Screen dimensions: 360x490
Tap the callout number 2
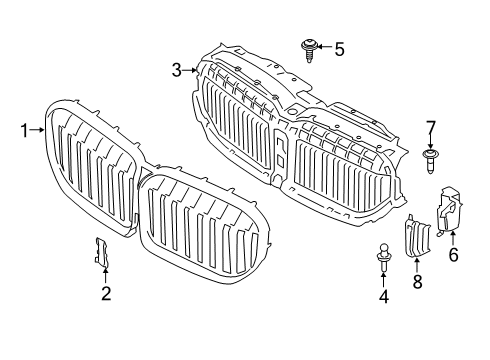[106, 293]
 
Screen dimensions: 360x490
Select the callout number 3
[177, 69]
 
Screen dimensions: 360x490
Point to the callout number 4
[383, 296]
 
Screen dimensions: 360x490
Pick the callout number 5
[340, 47]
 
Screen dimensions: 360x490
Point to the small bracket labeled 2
[102, 254]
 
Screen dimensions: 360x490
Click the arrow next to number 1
[40, 129]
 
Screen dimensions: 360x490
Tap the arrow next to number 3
[190, 69]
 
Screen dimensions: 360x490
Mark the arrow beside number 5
[326, 47]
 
